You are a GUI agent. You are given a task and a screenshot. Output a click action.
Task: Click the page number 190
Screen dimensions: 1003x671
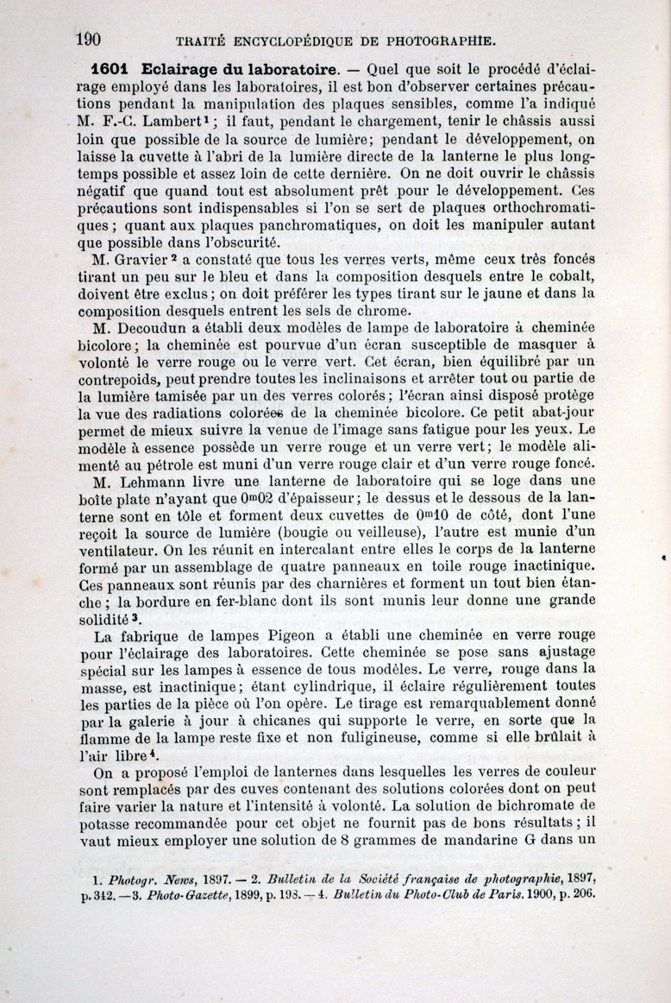point(89,39)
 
